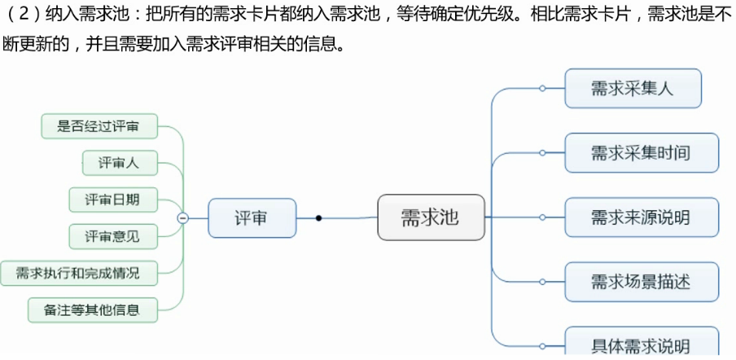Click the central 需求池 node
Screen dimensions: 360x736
coord(431,217)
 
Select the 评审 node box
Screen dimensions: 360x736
coord(251,217)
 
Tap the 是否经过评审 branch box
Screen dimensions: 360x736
coord(99,126)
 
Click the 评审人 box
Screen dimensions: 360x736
coord(119,163)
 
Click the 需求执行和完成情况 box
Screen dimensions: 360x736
coord(78,273)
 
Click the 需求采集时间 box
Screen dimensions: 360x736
coord(641,152)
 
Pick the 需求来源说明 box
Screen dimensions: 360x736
coord(641,217)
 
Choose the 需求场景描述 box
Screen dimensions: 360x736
coord(641,282)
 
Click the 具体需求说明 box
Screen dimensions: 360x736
coord(641,344)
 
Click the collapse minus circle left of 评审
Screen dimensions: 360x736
coord(183,217)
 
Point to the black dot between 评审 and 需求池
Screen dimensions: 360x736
coord(318,217)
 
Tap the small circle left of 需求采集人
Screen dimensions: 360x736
coord(542,88)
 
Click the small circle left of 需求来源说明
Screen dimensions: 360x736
coord(542,217)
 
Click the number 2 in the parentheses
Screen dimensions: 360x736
coord(24,16)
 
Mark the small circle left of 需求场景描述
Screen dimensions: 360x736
coord(542,282)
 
